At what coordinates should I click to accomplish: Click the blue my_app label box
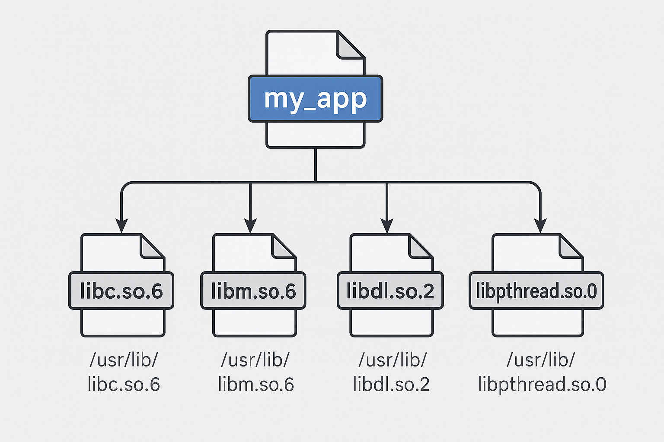point(315,99)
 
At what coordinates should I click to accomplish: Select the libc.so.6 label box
point(121,290)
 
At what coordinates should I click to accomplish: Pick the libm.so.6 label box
point(253,290)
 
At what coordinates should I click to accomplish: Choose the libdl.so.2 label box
point(390,290)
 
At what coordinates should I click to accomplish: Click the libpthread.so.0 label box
point(536,290)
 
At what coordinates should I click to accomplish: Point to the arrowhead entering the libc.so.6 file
point(122,225)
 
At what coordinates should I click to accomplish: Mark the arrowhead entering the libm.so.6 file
point(250,225)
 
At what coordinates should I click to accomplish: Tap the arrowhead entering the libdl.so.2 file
point(387,225)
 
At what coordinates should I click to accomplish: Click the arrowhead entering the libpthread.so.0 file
point(540,225)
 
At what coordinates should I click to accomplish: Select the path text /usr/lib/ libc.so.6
point(124,372)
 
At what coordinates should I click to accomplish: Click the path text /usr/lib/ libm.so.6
point(255,372)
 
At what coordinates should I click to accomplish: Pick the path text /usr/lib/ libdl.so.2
point(392,372)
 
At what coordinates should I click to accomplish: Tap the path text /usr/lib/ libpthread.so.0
point(542,372)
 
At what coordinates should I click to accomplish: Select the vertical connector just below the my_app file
point(316,164)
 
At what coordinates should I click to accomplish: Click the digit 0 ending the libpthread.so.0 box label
point(591,291)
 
